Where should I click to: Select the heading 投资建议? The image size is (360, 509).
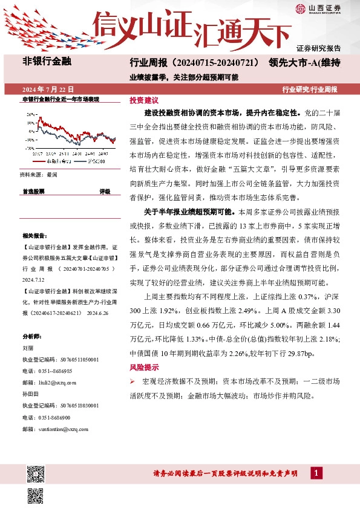pos(144,100)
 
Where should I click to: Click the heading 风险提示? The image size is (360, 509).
pos(144,367)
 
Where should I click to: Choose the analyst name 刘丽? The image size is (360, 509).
pos(28,348)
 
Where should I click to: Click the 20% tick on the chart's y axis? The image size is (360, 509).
pos(30,114)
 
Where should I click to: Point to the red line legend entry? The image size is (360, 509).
pos(57,162)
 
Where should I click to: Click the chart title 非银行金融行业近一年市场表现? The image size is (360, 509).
pos(61,99)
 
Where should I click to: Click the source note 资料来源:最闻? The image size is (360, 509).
pos(39,174)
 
